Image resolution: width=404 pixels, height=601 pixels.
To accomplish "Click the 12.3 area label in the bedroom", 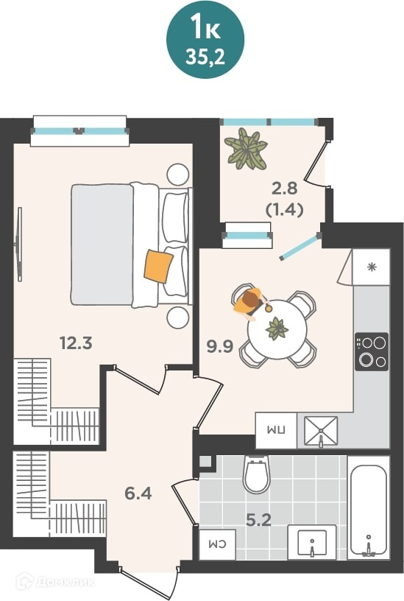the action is tap(76, 342).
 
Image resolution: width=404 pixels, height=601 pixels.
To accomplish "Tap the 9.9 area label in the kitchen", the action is tap(220, 346).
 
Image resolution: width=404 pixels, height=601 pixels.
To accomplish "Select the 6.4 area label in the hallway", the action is tap(138, 493).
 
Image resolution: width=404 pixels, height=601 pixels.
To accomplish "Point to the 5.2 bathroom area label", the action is tap(258, 520).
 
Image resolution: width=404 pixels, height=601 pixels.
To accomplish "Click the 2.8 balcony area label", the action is tap(285, 189).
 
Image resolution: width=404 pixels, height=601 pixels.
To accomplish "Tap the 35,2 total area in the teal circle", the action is tap(205, 57).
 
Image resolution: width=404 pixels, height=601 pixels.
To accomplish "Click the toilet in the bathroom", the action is tap(257, 474).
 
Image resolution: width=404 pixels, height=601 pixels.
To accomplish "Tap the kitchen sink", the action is tap(321, 431).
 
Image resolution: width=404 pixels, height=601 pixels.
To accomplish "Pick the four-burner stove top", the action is tap(372, 351).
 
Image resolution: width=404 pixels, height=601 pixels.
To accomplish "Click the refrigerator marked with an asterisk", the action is tap(371, 267).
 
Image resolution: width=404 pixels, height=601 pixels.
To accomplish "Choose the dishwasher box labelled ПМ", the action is tap(276, 430).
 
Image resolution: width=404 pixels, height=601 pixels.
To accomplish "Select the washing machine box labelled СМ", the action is tap(217, 544).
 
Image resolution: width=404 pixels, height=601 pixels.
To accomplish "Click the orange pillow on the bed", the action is tap(158, 266).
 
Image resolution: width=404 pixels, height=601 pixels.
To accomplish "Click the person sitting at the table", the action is tap(251, 302).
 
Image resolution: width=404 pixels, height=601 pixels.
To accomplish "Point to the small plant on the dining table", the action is tap(277, 329).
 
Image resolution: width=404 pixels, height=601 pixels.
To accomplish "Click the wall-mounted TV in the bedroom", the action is tap(18, 245).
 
